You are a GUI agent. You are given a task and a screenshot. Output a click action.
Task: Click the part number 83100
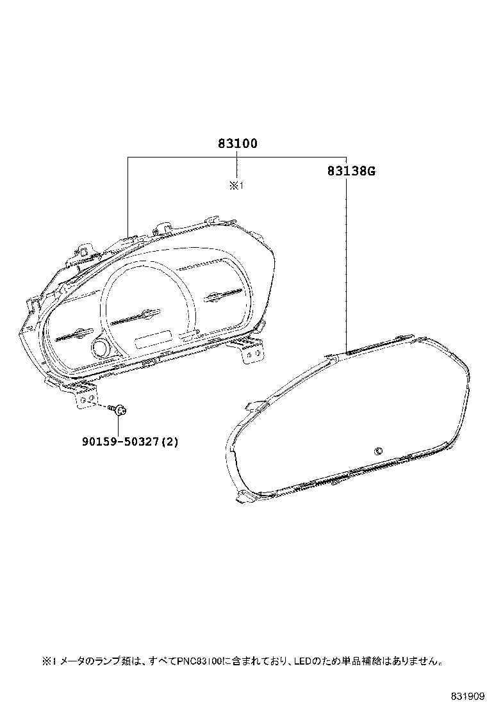(236, 143)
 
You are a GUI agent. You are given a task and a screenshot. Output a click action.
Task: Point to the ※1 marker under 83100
(236, 186)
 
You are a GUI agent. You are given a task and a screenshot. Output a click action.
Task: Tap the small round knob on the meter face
(101, 348)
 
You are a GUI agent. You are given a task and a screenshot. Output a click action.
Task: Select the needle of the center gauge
(136, 316)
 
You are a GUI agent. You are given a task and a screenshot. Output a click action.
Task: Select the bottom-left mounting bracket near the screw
(86, 396)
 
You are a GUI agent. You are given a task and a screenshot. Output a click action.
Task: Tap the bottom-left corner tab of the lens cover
(244, 498)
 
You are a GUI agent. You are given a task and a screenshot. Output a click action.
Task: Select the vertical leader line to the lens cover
(346, 256)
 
